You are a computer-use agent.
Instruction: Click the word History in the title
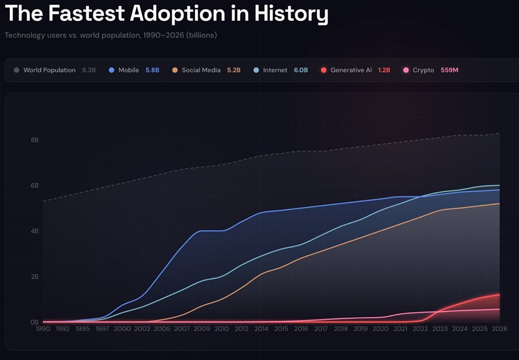click(291, 14)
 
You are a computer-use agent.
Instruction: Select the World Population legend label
click(49, 70)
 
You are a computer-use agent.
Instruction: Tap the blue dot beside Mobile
click(112, 70)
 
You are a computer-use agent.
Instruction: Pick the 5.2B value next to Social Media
click(234, 70)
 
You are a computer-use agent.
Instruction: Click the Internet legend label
click(275, 70)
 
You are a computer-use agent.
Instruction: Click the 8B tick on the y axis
click(34, 140)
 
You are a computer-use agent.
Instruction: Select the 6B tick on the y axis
click(34, 186)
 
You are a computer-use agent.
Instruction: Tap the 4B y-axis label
click(34, 231)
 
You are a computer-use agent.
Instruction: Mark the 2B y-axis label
click(34, 276)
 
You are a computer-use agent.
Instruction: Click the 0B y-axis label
click(34, 322)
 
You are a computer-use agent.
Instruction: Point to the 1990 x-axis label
click(43, 328)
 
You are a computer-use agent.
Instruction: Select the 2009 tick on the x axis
click(202, 328)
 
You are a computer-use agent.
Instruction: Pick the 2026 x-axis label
click(499, 328)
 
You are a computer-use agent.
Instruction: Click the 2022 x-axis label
click(420, 328)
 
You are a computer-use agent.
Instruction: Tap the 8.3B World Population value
click(89, 70)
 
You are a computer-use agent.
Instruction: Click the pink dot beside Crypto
click(406, 70)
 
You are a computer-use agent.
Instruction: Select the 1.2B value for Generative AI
click(384, 70)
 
